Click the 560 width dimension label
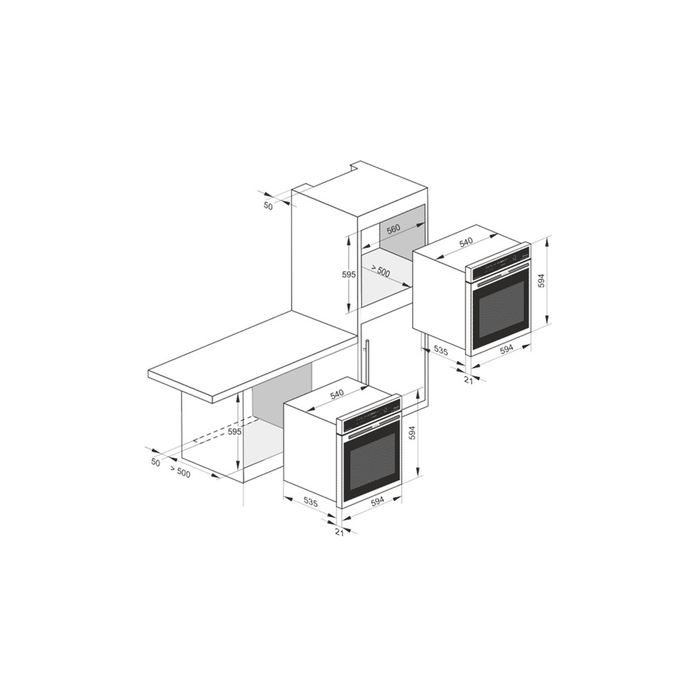tap(394, 228)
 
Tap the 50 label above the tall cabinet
tap(268, 206)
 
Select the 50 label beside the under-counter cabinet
tap(156, 462)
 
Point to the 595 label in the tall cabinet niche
tap(349, 275)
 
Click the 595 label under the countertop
tap(234, 432)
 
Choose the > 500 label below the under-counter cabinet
tap(179, 472)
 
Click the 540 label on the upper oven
tap(466, 242)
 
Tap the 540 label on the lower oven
tap(337, 394)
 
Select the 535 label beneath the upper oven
tap(440, 350)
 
